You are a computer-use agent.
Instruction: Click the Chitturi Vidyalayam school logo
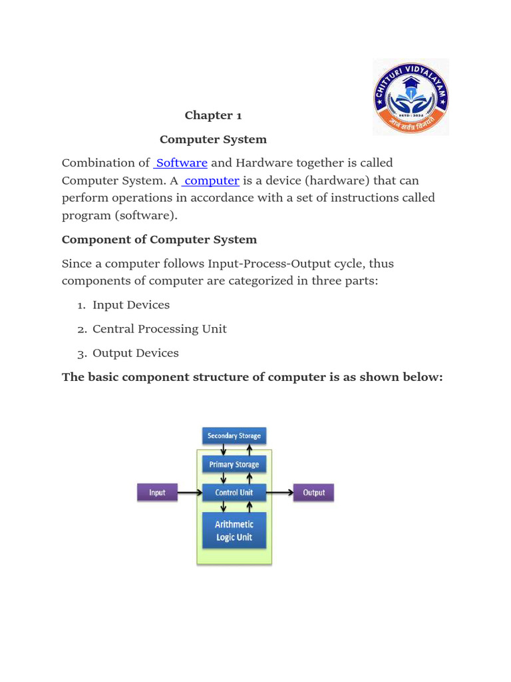[x=411, y=97]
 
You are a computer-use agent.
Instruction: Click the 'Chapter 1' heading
[x=213, y=115]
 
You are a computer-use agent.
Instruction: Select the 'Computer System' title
[x=213, y=139]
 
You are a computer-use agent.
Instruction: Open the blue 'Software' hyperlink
[x=181, y=163]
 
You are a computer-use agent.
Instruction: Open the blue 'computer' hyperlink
[x=211, y=180]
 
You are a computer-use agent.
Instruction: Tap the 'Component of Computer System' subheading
[x=159, y=240]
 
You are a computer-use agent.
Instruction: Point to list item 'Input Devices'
[x=131, y=305]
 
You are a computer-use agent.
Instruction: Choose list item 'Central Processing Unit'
[x=160, y=329]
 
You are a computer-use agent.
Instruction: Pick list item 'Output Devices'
[x=136, y=353]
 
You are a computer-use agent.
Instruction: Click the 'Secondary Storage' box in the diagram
[x=234, y=436]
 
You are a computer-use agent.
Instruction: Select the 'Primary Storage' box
[x=234, y=464]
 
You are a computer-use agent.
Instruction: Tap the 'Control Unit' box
[x=234, y=492]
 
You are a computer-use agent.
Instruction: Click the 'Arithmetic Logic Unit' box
[x=234, y=531]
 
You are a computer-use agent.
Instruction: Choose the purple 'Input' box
[x=157, y=492]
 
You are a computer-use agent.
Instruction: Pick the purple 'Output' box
[x=314, y=492]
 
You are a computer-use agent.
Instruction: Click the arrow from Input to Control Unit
[x=190, y=492]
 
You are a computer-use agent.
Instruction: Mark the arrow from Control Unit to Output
[x=280, y=492]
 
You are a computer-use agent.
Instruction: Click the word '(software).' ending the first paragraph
[x=146, y=216]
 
